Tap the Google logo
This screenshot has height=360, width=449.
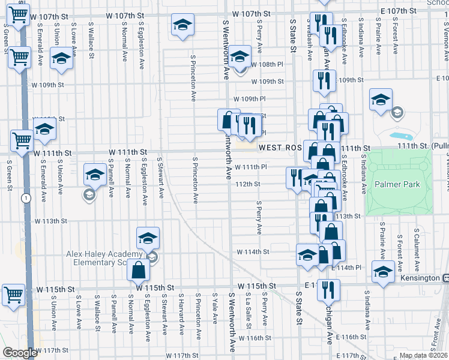(x=20, y=353)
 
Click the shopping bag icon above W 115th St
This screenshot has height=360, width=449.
(x=138, y=270)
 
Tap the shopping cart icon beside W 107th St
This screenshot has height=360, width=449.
(x=19, y=14)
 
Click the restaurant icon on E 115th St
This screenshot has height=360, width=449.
(x=328, y=290)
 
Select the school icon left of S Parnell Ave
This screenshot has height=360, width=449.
(x=95, y=174)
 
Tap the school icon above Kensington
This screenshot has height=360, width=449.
(x=382, y=271)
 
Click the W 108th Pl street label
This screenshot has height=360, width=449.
(x=263, y=64)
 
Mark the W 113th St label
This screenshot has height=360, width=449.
(x=50, y=221)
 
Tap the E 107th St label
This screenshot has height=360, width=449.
(x=398, y=11)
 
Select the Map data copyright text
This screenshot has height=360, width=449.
(x=423, y=355)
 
